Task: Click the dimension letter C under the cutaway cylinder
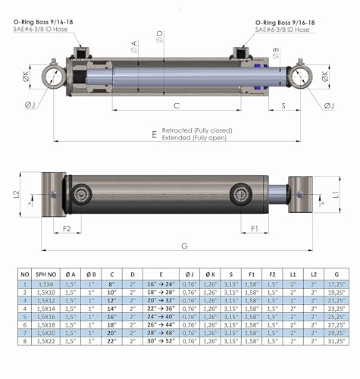(176, 105)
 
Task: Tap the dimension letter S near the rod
(283, 105)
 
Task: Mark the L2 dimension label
(17, 194)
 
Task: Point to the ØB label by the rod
(275, 52)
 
